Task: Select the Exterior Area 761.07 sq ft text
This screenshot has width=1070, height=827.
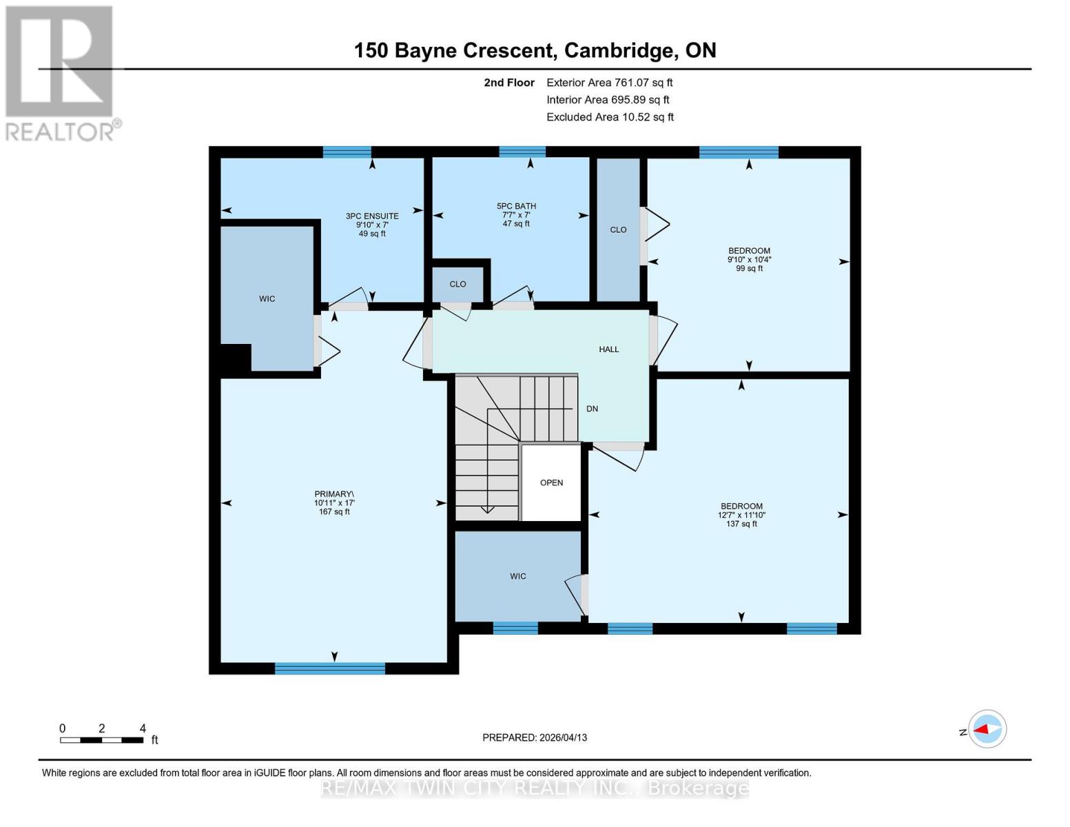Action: point(609,83)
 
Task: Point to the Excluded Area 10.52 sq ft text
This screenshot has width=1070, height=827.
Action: point(610,117)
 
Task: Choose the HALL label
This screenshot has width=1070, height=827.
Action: point(608,349)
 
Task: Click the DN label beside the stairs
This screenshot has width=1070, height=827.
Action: point(592,409)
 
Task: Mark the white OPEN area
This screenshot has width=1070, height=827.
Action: point(551,482)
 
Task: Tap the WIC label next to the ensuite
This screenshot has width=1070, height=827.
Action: point(267,298)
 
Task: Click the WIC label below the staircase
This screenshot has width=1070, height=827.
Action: point(517,576)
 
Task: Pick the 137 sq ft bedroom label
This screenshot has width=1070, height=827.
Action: point(741,515)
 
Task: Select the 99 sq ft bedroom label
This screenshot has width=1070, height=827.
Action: point(749,260)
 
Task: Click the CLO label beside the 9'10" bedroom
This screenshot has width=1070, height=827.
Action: point(618,229)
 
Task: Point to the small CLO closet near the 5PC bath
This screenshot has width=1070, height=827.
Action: point(457,284)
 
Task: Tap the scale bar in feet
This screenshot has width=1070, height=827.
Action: point(102,739)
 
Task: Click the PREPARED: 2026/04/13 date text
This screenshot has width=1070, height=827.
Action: point(535,737)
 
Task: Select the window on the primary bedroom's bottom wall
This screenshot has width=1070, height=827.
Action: point(329,668)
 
